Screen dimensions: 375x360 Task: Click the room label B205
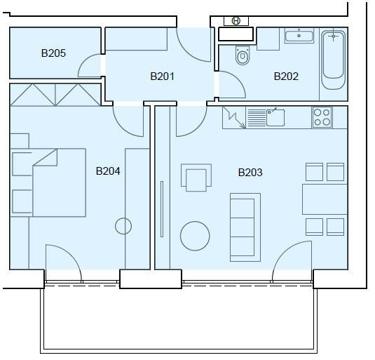pos(53,53)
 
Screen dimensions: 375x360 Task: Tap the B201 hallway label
pos(162,76)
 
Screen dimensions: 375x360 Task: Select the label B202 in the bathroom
pos(286,76)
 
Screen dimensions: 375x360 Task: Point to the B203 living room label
pos(250,173)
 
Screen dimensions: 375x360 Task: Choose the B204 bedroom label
pos(108,171)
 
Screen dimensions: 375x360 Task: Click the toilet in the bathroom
pos(243,55)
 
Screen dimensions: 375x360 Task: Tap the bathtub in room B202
pos(334,60)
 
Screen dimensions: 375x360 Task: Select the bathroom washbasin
pos(299,36)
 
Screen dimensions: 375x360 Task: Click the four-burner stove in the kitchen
pos(322,117)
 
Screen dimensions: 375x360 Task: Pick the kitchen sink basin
pos(275,117)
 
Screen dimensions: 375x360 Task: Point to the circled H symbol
pos(236,21)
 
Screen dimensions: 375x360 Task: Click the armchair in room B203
pos(196,178)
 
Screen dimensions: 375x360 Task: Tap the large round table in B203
pos(195,236)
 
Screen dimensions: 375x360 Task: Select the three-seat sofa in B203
pos(245,227)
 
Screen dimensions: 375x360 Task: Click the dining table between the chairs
pos(325,199)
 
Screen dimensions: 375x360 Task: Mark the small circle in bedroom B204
pos(123,226)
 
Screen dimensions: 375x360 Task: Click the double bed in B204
pos(48,182)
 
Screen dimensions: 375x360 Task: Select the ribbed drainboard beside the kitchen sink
pos(257,117)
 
